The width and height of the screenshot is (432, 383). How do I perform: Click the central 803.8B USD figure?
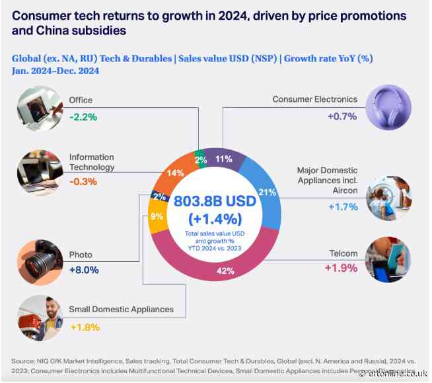(x=213, y=201)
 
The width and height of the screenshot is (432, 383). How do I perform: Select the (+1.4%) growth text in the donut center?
(x=213, y=218)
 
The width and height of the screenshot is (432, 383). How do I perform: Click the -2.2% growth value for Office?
(x=84, y=116)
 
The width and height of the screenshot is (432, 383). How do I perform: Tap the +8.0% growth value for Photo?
(x=84, y=271)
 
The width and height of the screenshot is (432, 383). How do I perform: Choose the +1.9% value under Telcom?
(x=342, y=268)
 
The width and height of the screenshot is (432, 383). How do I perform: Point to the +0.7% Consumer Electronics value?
(x=342, y=116)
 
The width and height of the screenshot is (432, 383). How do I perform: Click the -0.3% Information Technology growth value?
(x=84, y=183)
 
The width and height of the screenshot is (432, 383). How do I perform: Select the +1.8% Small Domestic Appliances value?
(x=84, y=325)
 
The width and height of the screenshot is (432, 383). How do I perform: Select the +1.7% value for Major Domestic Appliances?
(x=342, y=206)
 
